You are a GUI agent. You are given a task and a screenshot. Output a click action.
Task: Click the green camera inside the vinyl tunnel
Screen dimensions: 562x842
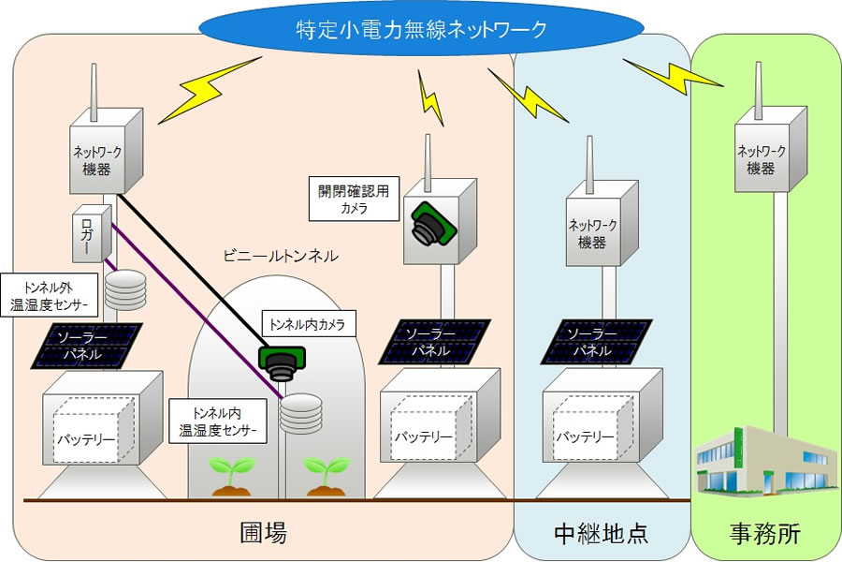(x=281, y=361)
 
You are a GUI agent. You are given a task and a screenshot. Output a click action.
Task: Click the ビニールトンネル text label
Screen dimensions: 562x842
(x=281, y=255)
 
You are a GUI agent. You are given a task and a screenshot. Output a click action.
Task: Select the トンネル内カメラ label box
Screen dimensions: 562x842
(x=307, y=325)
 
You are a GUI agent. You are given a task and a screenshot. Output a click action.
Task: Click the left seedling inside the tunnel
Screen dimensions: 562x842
(x=228, y=473)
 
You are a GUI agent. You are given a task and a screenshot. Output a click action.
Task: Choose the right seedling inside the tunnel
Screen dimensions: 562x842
(x=325, y=473)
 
